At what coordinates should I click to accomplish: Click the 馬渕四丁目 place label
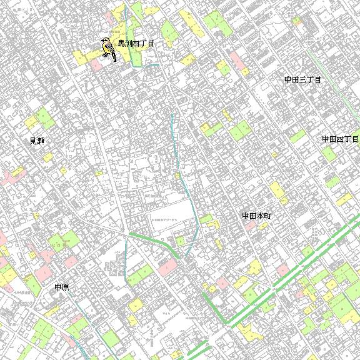136,44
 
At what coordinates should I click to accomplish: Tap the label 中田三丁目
302,80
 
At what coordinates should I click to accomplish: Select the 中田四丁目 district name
341,139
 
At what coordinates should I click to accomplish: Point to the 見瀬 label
37,141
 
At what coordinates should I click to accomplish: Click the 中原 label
61,287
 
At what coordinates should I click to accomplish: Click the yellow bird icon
108,49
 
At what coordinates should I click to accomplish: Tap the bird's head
104,42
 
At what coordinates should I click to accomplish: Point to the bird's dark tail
114,59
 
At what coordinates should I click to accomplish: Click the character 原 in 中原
65,287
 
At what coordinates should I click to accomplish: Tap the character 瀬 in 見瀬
41,141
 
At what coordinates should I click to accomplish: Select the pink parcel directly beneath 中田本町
251,225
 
